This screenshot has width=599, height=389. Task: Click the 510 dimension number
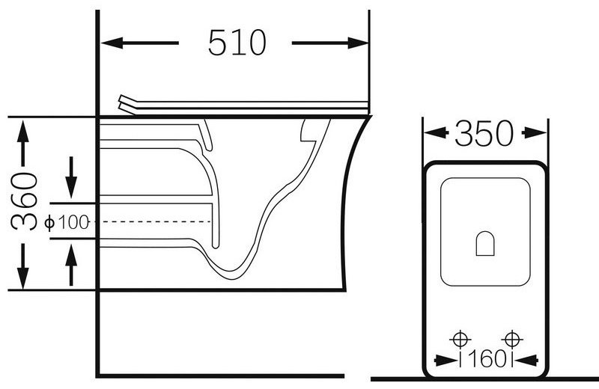pyautogui.click(x=237, y=43)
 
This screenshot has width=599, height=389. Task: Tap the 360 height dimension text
pyautogui.click(x=24, y=201)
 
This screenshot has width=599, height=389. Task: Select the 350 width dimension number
pyautogui.click(x=484, y=133)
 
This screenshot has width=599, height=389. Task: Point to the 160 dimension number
pyautogui.click(x=486, y=359)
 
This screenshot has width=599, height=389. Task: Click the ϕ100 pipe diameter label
pyautogui.click(x=67, y=222)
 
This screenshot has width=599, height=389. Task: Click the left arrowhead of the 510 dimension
pyautogui.click(x=112, y=43)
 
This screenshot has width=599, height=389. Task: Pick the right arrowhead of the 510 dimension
pyautogui.click(x=358, y=43)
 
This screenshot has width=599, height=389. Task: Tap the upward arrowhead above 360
pyautogui.click(x=23, y=132)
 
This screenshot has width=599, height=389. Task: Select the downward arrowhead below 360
pyautogui.click(x=23, y=277)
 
